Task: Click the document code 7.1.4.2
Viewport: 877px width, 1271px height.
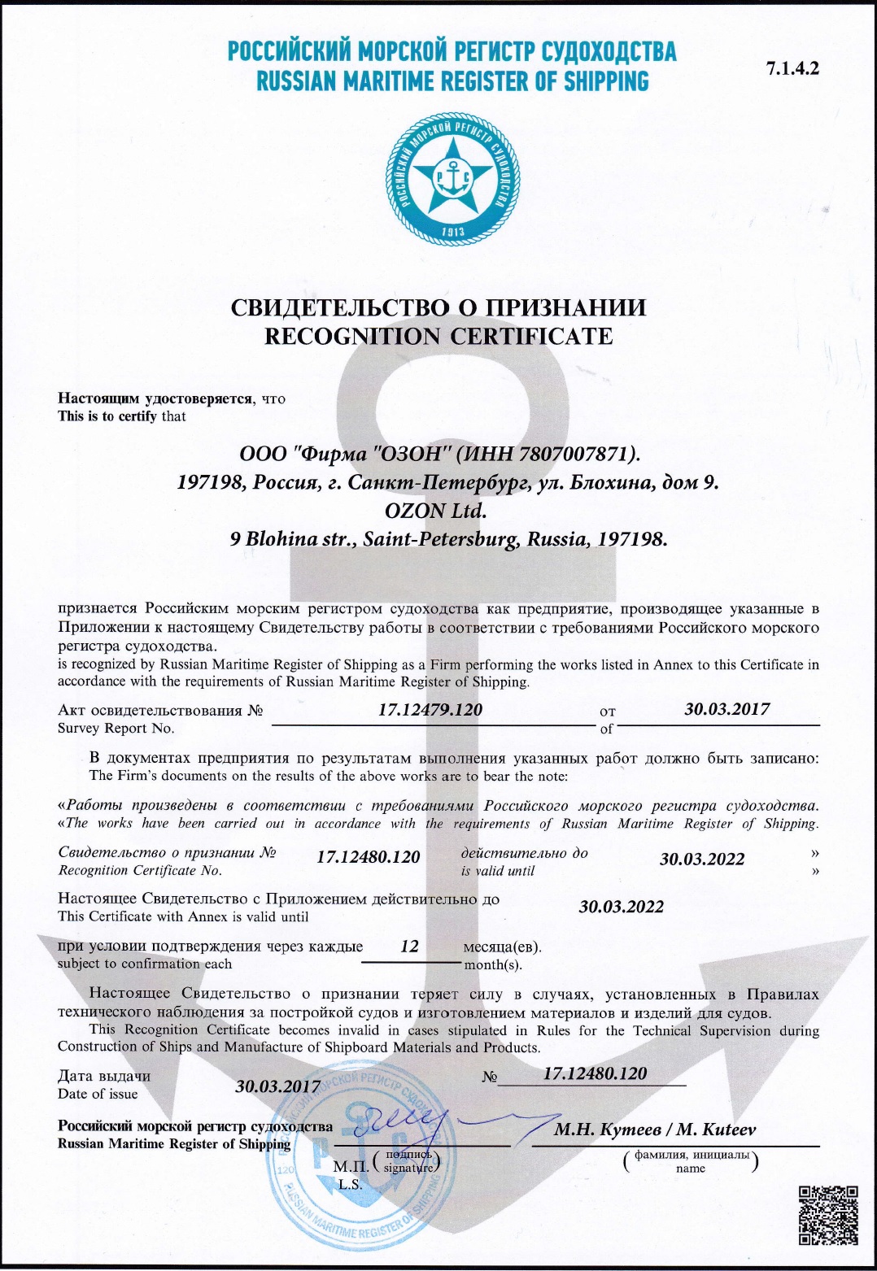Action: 792,68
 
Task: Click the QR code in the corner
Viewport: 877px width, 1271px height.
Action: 828,1215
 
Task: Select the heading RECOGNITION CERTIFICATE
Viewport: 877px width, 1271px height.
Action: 438,336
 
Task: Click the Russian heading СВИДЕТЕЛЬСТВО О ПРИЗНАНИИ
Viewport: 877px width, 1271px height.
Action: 438,307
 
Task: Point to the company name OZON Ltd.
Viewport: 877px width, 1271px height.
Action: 435,511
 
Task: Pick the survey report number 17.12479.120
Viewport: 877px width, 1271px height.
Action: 430,709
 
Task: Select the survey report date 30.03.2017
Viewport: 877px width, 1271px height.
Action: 726,708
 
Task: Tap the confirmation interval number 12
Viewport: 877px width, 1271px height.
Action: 409,946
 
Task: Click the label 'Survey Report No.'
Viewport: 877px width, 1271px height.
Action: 116,728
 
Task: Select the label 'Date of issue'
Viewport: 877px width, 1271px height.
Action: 98,1094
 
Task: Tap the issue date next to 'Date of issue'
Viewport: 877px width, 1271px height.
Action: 277,1086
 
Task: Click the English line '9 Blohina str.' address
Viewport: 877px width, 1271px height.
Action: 448,539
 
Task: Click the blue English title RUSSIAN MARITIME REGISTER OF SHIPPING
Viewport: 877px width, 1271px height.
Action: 452,81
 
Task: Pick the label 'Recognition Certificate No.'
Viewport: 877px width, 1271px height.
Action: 140,870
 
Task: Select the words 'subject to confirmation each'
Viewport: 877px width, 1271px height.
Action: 145,964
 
